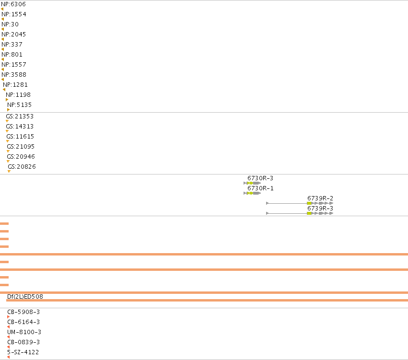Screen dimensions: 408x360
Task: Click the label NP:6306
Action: coord(13,4)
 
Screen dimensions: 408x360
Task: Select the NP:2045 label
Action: coord(14,35)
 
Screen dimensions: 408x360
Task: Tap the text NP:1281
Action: coord(15,85)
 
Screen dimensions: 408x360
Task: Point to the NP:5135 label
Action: coord(20,105)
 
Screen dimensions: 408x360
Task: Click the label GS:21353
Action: coord(20,116)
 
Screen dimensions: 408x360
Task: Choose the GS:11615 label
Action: coord(20,137)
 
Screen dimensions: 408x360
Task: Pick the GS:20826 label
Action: coord(22,167)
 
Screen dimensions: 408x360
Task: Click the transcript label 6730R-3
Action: coord(260,178)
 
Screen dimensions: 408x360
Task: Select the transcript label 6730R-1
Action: coord(260,188)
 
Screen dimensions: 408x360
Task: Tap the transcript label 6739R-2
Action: coord(320,198)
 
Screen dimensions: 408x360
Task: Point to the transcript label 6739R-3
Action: coord(320,209)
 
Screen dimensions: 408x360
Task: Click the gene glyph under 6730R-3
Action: coord(252,183)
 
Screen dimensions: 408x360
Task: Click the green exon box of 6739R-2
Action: coord(309,203)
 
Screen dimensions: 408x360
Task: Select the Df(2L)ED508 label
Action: coord(25,297)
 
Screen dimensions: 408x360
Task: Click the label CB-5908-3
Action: coord(23,312)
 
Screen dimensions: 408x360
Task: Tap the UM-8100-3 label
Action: coord(24,332)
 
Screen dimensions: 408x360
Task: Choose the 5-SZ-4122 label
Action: coord(23,352)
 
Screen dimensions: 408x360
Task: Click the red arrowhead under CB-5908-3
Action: coord(8,317)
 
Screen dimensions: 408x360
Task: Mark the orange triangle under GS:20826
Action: coord(9,172)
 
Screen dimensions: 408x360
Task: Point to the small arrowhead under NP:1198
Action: coord(7,100)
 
